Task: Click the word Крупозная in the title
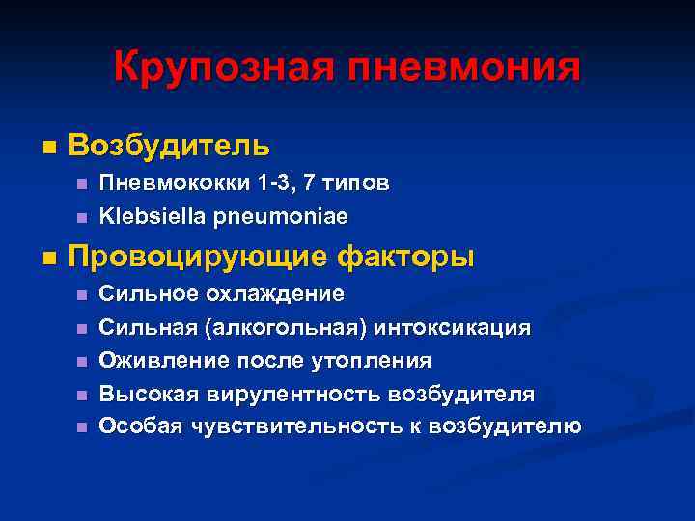click(225, 68)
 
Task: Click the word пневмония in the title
click(465, 68)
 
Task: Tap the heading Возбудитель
click(170, 147)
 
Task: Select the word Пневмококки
click(168, 182)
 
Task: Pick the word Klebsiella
click(150, 215)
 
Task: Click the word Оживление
click(155, 360)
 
